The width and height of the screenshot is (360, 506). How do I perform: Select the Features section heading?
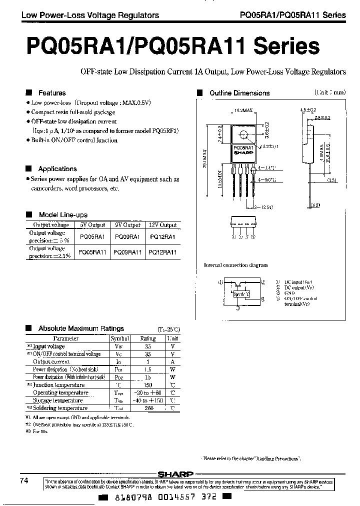click(x=52, y=93)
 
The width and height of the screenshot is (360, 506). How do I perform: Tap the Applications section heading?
click(x=57, y=169)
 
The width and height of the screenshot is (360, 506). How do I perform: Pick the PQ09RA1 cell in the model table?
click(x=127, y=236)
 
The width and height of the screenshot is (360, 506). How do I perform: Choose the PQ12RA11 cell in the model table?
click(x=162, y=252)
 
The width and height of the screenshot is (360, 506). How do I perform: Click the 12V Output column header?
click(x=162, y=225)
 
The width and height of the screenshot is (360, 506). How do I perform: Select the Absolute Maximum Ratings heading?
click(x=81, y=328)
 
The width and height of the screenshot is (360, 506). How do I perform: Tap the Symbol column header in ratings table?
click(x=119, y=338)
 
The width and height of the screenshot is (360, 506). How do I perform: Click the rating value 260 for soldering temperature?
click(x=148, y=408)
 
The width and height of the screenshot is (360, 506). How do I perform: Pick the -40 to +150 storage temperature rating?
click(x=148, y=400)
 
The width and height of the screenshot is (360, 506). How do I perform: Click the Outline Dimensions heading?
click(x=239, y=93)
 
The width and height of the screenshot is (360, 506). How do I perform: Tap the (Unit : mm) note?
click(x=329, y=93)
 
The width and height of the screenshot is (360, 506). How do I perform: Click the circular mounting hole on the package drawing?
click(x=243, y=135)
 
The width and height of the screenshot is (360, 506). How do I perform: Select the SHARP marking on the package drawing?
click(x=243, y=153)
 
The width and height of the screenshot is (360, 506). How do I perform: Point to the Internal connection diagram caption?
click(x=235, y=265)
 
